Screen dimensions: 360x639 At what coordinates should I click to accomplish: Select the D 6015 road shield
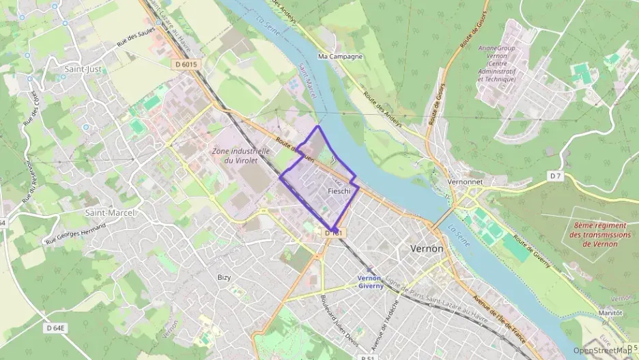click(186, 64)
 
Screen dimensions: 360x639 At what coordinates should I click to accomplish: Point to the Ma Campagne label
click(341, 57)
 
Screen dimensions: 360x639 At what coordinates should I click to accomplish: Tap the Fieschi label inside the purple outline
click(339, 191)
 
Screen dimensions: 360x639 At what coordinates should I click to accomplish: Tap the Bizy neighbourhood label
click(224, 277)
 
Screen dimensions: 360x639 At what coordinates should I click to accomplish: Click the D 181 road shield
click(332, 234)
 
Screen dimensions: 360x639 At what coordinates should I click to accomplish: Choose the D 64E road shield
click(56, 328)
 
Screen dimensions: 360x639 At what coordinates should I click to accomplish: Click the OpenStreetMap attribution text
click(601, 350)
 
